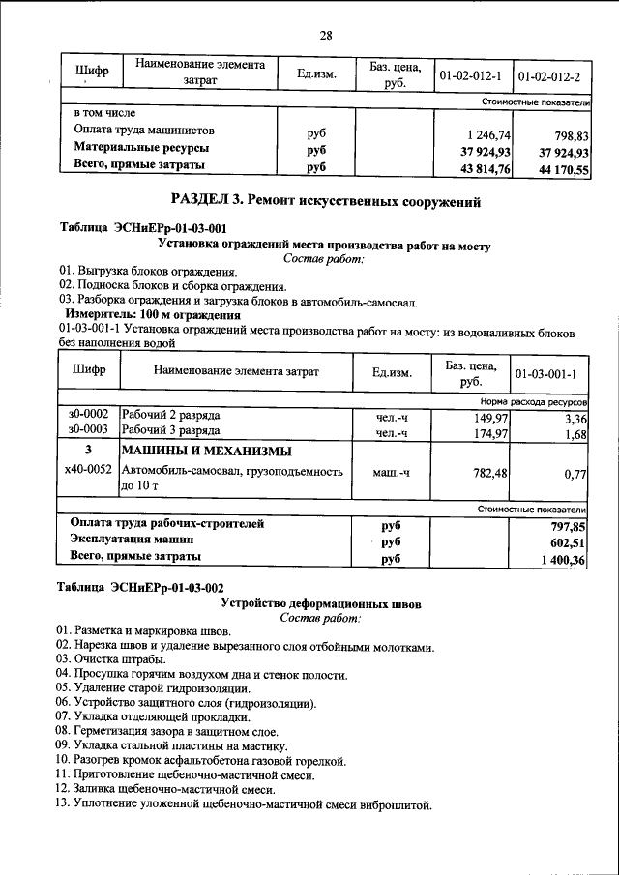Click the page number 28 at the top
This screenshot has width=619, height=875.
(326, 36)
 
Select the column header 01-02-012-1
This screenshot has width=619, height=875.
(470, 74)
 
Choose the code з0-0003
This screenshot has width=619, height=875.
(88, 430)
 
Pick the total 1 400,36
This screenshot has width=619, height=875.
(563, 560)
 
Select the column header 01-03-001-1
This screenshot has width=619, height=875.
(546, 373)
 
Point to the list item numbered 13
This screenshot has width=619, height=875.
(242, 805)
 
